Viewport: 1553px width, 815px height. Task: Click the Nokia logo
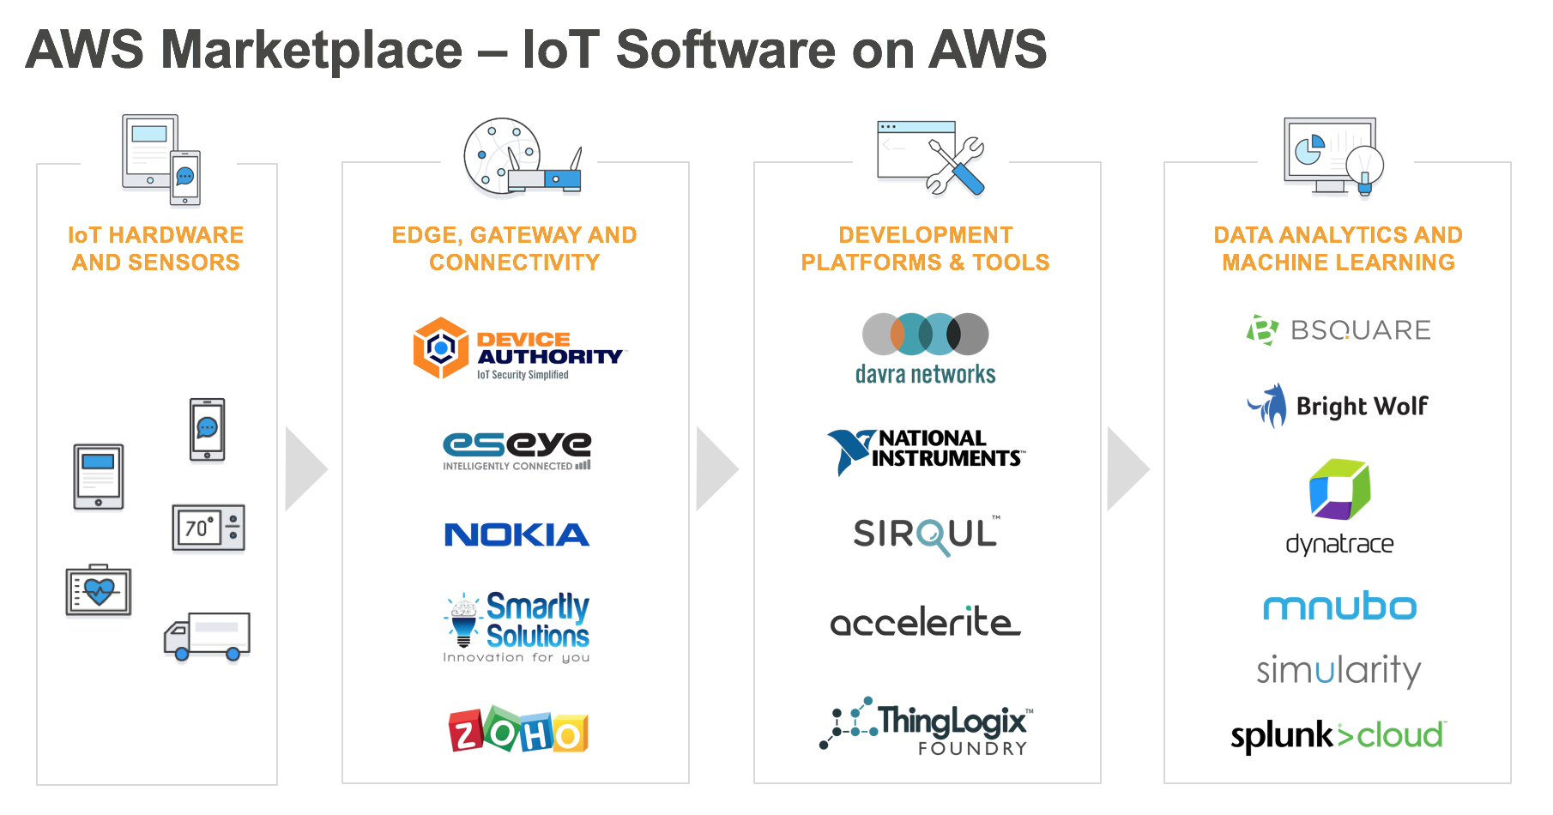click(x=517, y=534)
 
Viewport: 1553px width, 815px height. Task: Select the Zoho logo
click(x=517, y=731)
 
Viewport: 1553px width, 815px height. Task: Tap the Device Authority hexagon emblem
click(x=441, y=347)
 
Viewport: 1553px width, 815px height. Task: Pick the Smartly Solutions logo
click(x=517, y=626)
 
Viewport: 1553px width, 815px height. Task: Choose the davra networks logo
click(x=926, y=347)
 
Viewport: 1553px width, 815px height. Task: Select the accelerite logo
click(x=926, y=622)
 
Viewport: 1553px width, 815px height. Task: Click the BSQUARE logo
click(x=1338, y=330)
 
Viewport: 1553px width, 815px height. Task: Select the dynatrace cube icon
click(x=1339, y=489)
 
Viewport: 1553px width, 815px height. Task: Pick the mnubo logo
click(x=1339, y=607)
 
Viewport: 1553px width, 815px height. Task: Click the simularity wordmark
click(x=1339, y=670)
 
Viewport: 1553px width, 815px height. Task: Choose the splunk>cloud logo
click(x=1338, y=735)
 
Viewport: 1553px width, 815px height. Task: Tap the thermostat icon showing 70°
click(x=208, y=528)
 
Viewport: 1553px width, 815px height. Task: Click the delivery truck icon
click(x=208, y=637)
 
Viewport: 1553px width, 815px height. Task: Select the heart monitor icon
click(x=99, y=590)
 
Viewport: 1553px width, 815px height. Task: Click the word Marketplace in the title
click(x=312, y=50)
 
